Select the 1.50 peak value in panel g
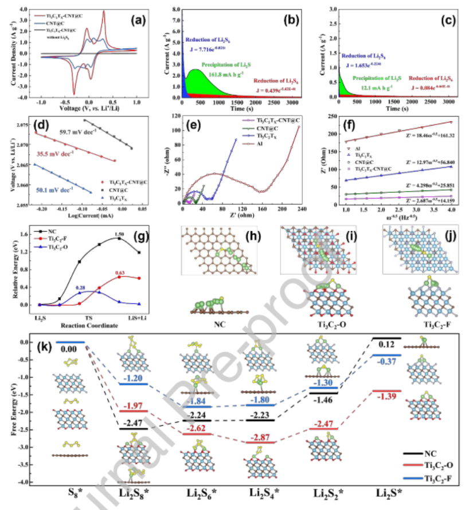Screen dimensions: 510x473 pos(119,234)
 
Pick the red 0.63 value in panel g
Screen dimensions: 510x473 pos(120,272)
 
